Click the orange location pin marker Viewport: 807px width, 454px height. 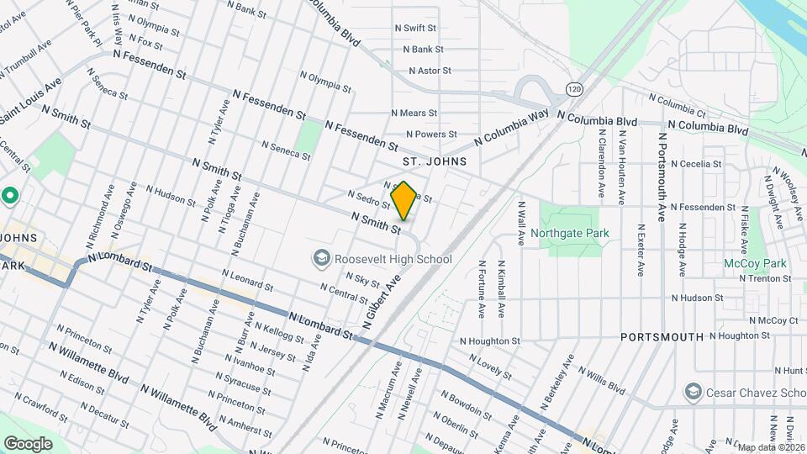coord(403,200)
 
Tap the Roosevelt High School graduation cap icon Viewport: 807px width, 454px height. coord(320,259)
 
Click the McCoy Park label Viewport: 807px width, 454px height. coord(755,263)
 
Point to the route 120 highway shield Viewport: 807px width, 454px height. coord(574,89)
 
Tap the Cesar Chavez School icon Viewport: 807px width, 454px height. coord(693,393)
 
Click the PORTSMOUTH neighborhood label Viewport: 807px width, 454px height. coord(662,336)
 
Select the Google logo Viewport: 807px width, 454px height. coord(28,443)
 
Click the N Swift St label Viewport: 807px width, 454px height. coord(419,28)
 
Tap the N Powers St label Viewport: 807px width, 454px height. coord(431,134)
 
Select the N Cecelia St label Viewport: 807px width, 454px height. coord(695,164)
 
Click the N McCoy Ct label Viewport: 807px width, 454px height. coord(773,320)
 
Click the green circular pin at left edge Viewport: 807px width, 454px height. coord(10,197)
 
